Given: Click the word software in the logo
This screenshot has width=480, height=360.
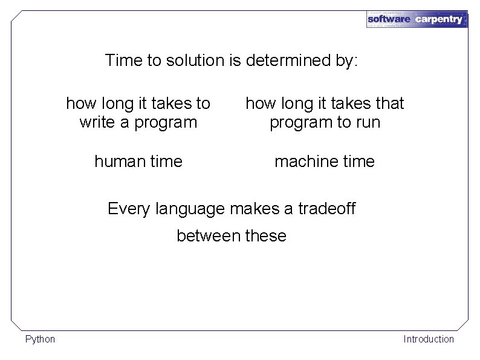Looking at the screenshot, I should pyautogui.click(x=389, y=19).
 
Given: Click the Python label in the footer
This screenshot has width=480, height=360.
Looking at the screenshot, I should pyautogui.click(x=40, y=339).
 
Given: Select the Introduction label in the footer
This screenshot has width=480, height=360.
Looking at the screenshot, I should pyautogui.click(x=428, y=339).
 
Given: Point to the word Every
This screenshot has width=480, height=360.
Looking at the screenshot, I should pyautogui.click(x=129, y=209).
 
